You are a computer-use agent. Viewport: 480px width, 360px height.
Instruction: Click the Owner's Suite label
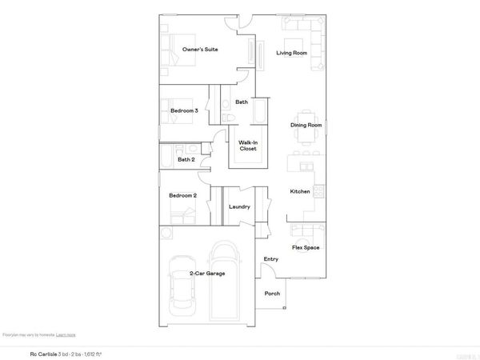pos(200,50)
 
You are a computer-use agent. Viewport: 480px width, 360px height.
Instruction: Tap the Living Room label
pos(292,54)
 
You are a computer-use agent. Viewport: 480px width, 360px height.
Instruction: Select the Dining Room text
pos(306,126)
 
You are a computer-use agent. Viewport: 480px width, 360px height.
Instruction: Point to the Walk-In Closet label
pos(248,146)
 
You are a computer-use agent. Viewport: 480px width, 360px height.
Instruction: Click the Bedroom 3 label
pos(184,110)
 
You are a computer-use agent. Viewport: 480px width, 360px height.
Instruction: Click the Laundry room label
pos(239,207)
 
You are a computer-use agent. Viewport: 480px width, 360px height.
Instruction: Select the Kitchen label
pos(299,192)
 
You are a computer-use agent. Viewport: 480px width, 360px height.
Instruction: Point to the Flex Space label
pos(305,248)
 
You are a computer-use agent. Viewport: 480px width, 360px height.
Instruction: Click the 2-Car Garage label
pos(206,274)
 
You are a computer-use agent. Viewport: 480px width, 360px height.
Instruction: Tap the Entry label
pos(271,258)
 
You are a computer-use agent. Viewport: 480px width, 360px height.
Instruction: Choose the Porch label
pos(272,294)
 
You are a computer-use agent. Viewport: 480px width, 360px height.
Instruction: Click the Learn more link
pos(66,334)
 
